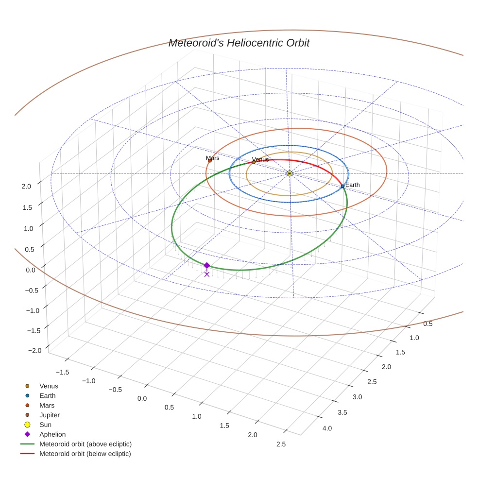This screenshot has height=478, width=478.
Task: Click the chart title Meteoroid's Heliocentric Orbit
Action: coord(239,43)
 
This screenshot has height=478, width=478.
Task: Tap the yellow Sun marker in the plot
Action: coord(290,173)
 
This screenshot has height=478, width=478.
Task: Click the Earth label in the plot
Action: coord(352,185)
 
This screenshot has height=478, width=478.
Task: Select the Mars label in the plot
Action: coord(212,158)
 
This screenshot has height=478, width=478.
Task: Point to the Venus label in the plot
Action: coord(260,159)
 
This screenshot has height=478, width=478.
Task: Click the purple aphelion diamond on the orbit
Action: coord(207,265)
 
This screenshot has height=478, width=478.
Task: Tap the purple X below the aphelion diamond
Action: coord(207,274)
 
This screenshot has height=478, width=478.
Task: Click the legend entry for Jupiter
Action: coord(50,415)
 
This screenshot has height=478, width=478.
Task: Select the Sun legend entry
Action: coord(45,425)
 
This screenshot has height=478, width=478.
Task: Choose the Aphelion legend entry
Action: coord(52,434)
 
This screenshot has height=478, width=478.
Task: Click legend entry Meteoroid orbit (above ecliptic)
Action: coord(85,444)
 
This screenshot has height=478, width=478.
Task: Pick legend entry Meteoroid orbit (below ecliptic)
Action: coord(85,454)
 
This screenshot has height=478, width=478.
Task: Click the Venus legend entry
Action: coord(49,386)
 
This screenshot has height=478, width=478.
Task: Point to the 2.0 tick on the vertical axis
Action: coord(26,186)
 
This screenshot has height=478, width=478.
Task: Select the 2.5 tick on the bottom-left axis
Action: coord(281,444)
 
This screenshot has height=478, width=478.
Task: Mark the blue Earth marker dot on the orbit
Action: coord(342,186)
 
